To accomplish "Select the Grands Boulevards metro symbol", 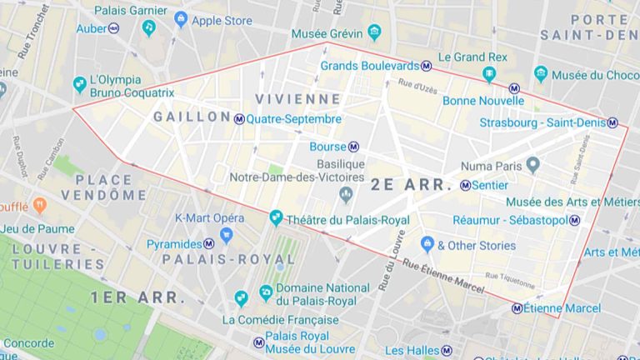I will (426, 65).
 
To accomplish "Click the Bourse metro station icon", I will (353, 147).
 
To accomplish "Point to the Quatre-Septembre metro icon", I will (239, 119).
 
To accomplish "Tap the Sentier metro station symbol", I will (465, 185).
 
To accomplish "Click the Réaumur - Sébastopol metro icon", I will (574, 220).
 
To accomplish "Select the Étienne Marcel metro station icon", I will (517, 308).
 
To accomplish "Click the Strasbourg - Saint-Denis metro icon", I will (612, 122).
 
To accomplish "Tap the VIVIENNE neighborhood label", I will (298, 98).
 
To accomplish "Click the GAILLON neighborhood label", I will (191, 117).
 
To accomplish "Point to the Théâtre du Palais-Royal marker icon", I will (276, 218).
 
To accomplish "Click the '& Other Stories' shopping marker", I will (427, 244).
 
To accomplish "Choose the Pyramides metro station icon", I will (208, 244).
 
